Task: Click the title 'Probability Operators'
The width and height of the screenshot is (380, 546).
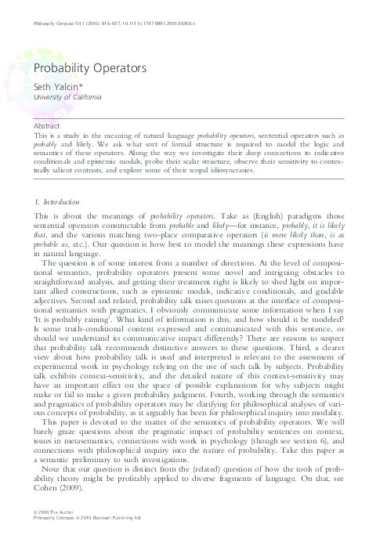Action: (x=89, y=68)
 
